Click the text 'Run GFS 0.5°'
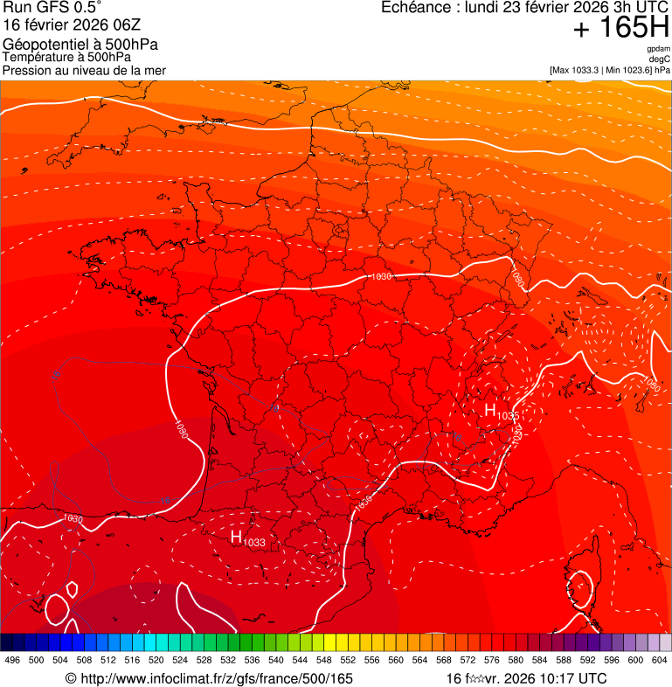(x=53, y=10)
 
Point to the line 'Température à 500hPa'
(x=67, y=57)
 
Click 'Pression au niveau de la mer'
(x=85, y=70)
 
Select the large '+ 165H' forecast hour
(x=620, y=28)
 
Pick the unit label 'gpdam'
(x=659, y=49)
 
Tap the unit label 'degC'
(x=660, y=59)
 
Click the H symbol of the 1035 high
(x=490, y=409)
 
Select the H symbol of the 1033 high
(x=236, y=537)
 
